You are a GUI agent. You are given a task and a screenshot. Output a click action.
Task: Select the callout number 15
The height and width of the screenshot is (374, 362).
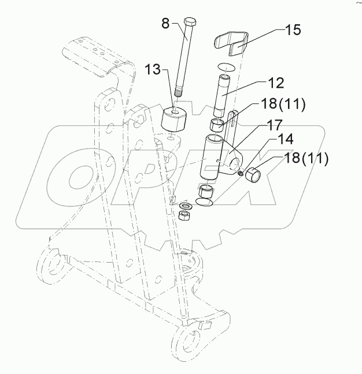(x=294, y=30)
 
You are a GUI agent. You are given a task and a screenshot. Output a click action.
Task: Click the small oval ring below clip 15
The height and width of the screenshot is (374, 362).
(x=228, y=66)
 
